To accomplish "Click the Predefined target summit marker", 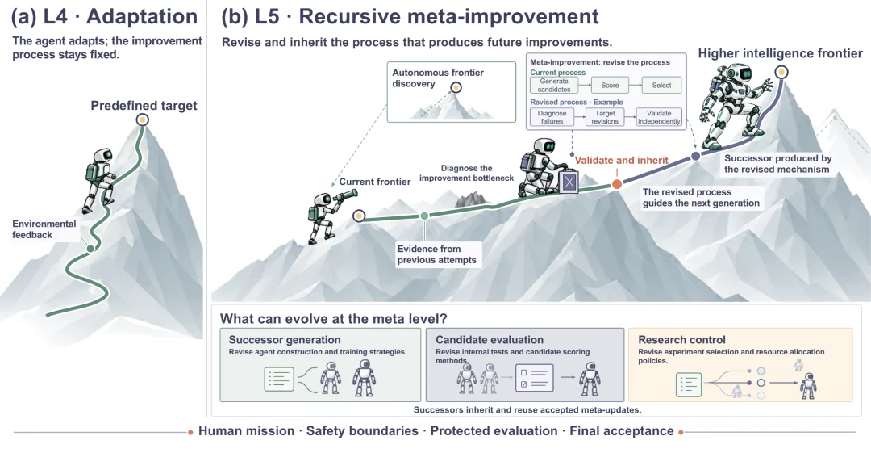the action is coord(143,120).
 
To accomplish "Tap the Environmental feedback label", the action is coord(44,229).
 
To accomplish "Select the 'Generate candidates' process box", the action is coord(554,85).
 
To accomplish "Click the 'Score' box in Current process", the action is coord(610,85).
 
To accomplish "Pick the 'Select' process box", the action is coord(661,85).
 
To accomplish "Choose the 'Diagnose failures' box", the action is coord(552,117).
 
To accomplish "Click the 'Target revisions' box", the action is coord(605,117).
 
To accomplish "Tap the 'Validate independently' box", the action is coord(659,117).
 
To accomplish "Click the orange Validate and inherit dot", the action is coord(617,184).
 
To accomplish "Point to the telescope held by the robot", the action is coord(344,196).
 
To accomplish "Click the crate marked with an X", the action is coord(569,182).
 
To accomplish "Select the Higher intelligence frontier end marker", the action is coord(781,72).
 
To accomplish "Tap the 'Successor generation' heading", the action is coord(285,339).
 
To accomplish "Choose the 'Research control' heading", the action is coord(681,339).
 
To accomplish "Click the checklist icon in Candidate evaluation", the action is coord(535,377).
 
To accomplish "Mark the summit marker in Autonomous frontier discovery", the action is coord(456,87).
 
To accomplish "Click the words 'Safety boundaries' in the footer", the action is coord(362,430).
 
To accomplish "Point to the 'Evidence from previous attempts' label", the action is coord(436,254).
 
